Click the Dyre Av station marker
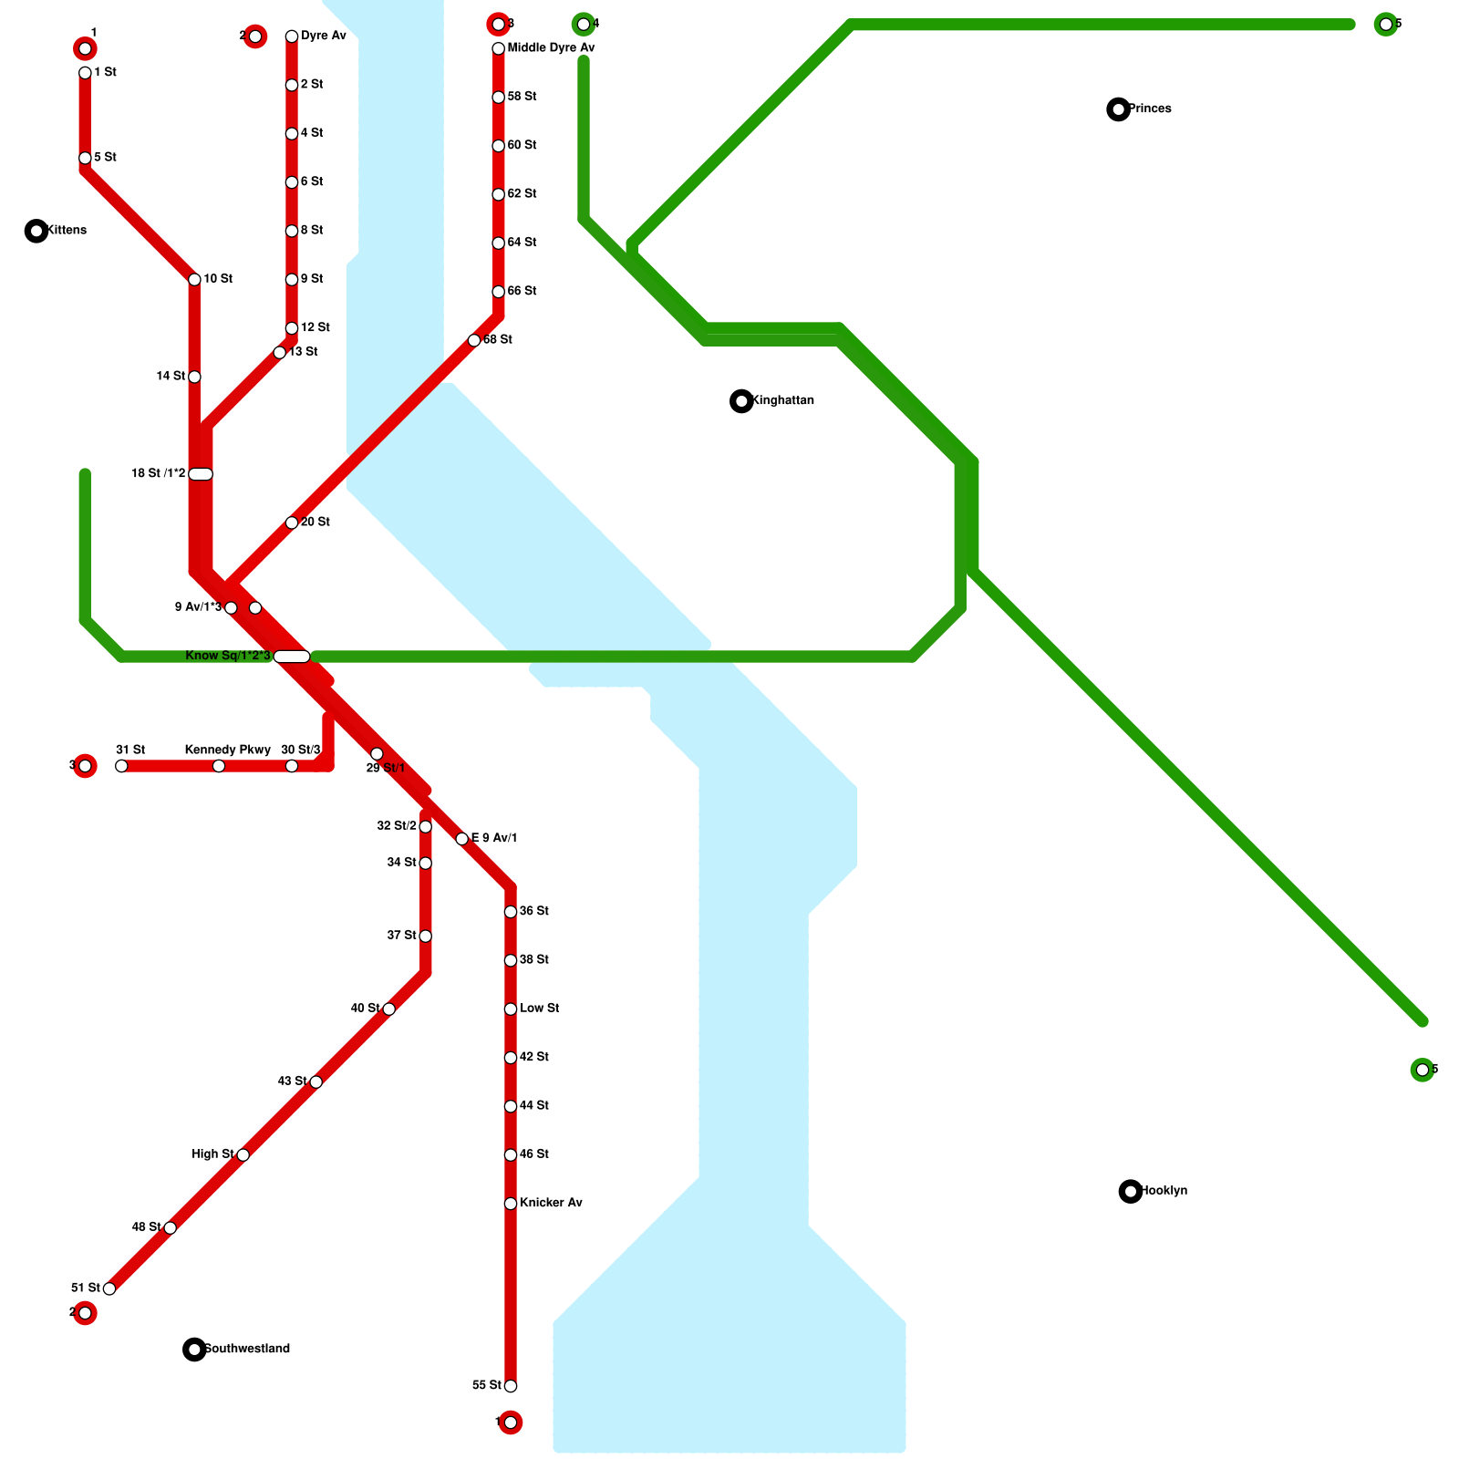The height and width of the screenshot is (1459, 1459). point(292,36)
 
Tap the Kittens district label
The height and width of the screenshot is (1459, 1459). point(67,231)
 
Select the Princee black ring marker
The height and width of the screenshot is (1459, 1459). point(1118,109)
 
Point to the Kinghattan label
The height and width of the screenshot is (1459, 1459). point(784,401)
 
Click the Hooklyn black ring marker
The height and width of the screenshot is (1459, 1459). point(1131,1191)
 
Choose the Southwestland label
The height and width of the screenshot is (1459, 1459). point(247,1349)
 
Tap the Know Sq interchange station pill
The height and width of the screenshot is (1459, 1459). point(292,657)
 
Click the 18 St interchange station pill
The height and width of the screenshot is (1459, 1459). point(201,474)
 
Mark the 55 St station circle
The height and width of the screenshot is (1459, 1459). point(511,1386)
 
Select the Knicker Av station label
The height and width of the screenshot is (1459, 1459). point(551,1204)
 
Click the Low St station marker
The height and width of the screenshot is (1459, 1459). point(511,1009)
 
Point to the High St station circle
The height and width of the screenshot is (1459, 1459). point(243,1155)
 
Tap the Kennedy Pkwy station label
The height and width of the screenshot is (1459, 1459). point(227,750)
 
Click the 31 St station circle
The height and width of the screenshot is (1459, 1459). point(121,766)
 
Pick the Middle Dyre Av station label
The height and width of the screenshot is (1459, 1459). point(551,48)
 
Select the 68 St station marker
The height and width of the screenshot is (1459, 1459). point(474,341)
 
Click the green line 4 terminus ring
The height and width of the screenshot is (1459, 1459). point(584,25)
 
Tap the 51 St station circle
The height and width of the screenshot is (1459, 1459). point(109,1288)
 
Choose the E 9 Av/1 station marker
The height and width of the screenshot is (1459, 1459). point(462,839)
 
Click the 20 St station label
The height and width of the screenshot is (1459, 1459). point(316,523)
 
